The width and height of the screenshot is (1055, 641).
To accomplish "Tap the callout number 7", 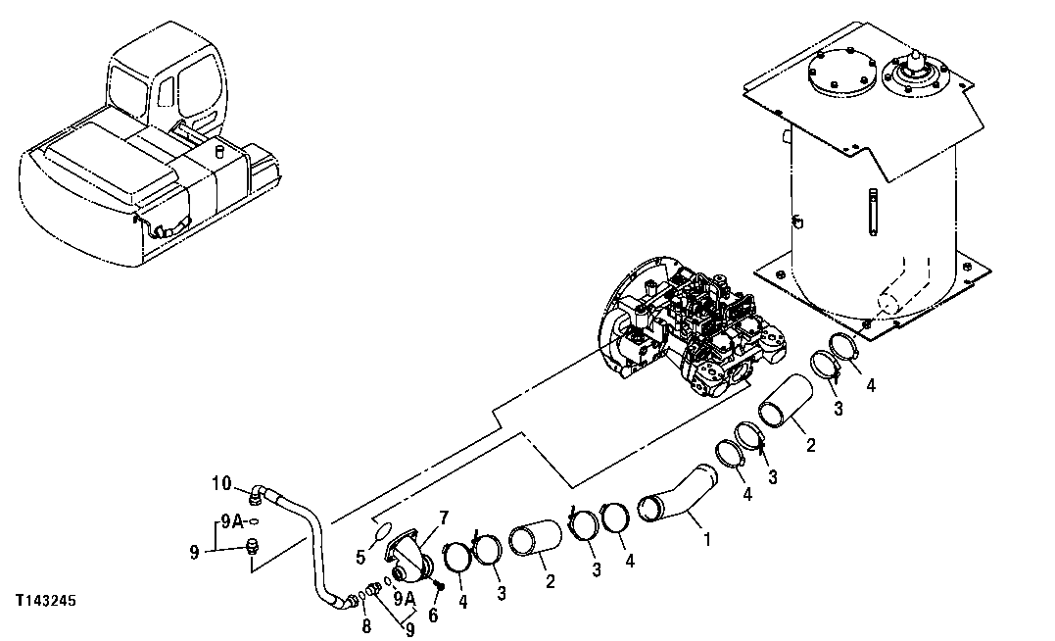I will click(x=444, y=517).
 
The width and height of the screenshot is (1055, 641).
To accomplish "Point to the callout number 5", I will click(x=360, y=557).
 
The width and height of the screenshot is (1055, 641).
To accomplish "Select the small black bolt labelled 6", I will click(x=439, y=586).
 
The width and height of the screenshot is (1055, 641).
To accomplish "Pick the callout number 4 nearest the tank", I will click(x=870, y=385).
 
